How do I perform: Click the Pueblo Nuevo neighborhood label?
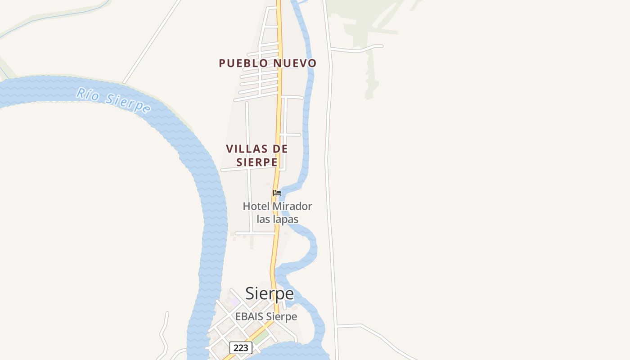pyautogui.click(x=268, y=63)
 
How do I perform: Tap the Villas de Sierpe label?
pyautogui.click(x=256, y=155)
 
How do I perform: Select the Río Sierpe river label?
pyautogui.click(x=113, y=100)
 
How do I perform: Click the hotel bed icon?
pyautogui.click(x=277, y=193)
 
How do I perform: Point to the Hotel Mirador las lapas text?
pyautogui.click(x=277, y=213)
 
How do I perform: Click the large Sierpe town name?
pyautogui.click(x=270, y=293)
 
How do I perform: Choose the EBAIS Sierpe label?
pyautogui.click(x=266, y=316)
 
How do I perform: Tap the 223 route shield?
pyautogui.click(x=241, y=348)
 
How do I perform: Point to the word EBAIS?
pyautogui.click(x=249, y=316)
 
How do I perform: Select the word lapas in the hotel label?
pyautogui.click(x=284, y=220)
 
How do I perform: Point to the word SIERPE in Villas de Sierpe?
pyautogui.click(x=256, y=162)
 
